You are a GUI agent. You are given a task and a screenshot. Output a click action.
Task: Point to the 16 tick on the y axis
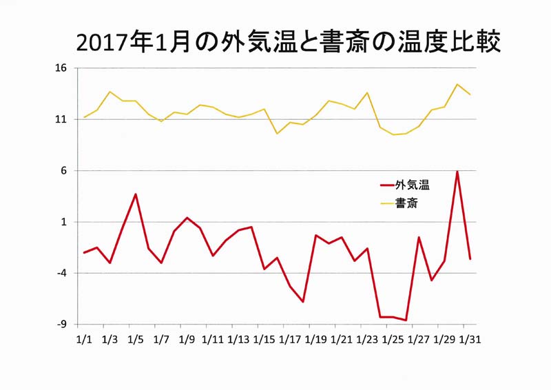(61, 68)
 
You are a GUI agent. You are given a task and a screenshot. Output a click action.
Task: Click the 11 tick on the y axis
(61, 119)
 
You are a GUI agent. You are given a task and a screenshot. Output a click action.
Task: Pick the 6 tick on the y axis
(63, 171)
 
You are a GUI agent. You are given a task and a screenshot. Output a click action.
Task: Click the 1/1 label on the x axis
(84, 340)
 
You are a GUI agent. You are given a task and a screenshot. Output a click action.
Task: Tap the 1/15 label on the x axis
(264, 340)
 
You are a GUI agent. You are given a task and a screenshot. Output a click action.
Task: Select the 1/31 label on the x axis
(470, 340)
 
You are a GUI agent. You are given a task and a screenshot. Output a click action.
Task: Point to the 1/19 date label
(315, 340)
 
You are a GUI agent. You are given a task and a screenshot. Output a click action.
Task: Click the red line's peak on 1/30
(457, 172)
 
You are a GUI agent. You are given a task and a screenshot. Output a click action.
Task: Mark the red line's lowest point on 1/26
(406, 320)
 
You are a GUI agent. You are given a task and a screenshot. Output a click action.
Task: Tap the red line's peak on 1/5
(136, 194)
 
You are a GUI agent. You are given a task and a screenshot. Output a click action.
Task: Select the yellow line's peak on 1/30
(457, 84)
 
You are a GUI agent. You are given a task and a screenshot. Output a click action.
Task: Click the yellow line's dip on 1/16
(277, 134)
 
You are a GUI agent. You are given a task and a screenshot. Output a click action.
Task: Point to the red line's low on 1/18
(303, 302)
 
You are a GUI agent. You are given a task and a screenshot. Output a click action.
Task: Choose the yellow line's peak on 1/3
(110, 92)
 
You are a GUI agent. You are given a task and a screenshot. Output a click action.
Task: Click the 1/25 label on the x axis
(393, 340)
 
